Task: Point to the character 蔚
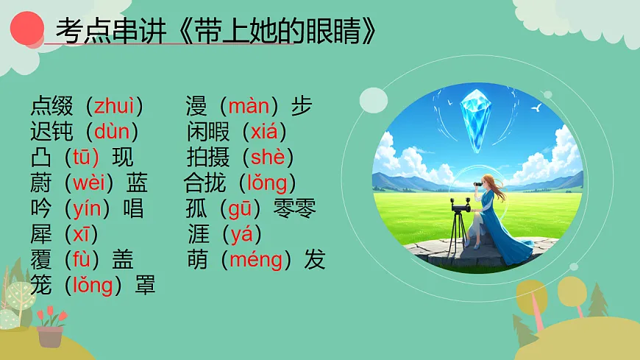(40, 183)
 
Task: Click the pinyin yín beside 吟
(87, 209)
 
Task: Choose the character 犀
(40, 235)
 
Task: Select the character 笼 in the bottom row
(40, 286)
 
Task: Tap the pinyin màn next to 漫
(249, 106)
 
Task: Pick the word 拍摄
(208, 158)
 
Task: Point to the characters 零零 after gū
(294, 209)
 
